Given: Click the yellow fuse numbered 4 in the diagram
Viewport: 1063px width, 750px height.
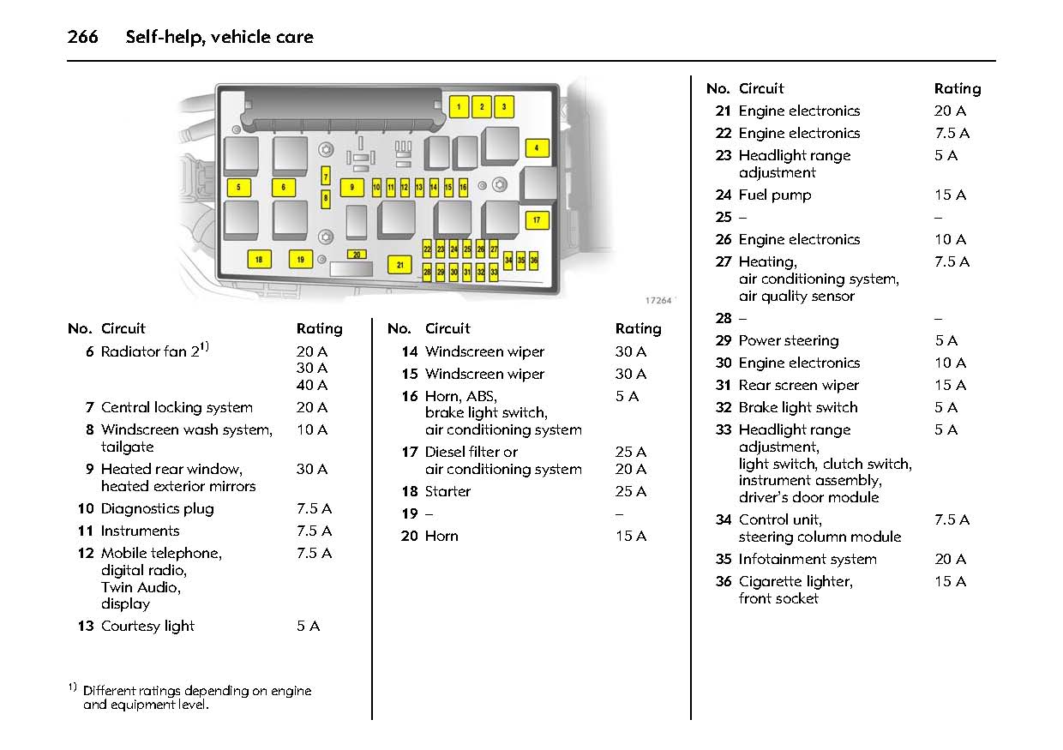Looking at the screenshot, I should point(537,148).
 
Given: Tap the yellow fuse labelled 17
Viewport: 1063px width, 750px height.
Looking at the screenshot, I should point(537,220).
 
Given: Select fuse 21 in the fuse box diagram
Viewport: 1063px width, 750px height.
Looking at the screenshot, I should point(399,265).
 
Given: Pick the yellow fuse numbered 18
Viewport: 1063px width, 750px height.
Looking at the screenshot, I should point(258,259).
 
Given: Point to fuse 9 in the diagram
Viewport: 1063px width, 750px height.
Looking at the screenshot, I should point(351,187).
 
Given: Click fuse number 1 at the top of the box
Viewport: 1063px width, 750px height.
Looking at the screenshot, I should point(459,107).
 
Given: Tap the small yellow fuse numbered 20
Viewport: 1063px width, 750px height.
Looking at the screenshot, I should point(357,255).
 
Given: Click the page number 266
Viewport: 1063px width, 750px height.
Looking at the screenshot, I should point(83,37).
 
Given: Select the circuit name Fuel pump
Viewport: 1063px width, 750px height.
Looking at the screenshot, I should point(775,195).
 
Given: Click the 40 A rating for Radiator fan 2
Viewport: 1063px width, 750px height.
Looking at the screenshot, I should point(312,386).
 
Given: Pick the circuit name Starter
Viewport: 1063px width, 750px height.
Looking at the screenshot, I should point(447,492).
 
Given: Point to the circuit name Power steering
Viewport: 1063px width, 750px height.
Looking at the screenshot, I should point(789,341).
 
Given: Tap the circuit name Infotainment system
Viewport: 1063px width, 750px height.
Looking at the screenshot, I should point(808,560).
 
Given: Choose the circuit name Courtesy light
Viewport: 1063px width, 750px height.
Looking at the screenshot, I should point(147,627).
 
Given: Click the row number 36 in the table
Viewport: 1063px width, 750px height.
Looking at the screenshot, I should point(724,582).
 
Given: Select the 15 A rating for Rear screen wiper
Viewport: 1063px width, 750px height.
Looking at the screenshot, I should point(950,386).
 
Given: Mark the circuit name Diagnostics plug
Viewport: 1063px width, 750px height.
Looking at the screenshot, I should point(158,509).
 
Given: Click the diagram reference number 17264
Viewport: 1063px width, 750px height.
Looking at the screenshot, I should point(658,301).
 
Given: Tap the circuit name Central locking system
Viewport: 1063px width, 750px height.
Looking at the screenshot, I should point(177,408).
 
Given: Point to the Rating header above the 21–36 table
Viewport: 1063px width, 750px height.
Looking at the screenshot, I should point(958,89).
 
